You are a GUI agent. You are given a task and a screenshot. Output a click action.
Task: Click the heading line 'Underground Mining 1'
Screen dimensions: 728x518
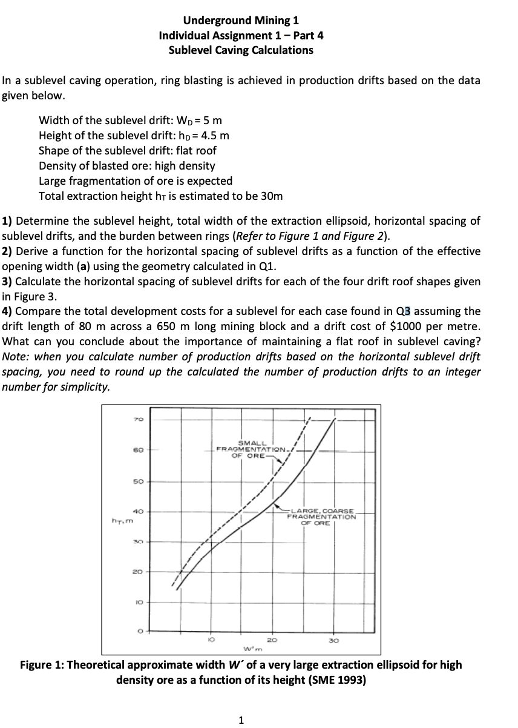(241, 21)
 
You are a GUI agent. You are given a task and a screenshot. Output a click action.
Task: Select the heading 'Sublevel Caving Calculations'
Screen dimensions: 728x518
(241, 50)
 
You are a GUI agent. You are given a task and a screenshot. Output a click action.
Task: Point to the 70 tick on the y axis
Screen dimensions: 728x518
(136, 419)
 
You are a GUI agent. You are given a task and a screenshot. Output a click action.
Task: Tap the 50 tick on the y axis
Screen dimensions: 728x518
(136, 482)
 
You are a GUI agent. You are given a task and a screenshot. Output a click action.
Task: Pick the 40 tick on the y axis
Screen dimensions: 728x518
(136, 511)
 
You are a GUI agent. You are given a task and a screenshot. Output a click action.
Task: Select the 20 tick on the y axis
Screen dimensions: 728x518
(136, 571)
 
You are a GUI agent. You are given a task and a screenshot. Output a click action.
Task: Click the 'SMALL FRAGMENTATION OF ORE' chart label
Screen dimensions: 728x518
(249, 449)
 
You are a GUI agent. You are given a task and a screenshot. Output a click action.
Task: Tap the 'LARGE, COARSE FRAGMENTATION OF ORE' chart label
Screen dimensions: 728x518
(321, 516)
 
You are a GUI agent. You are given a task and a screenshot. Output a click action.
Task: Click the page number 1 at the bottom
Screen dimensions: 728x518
(241, 720)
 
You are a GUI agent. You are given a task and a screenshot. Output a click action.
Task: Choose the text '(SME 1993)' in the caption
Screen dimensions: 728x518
(338, 680)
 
